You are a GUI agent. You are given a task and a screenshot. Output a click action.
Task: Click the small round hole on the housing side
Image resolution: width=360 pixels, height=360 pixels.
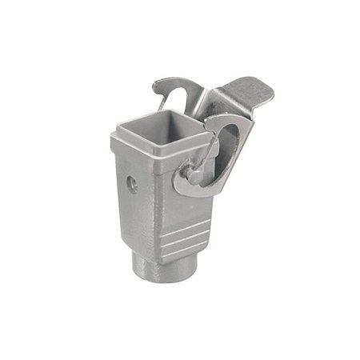pyautogui.click(x=132, y=183)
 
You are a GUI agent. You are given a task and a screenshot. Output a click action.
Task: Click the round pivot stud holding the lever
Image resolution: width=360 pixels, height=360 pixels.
pyautogui.click(x=194, y=174)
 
